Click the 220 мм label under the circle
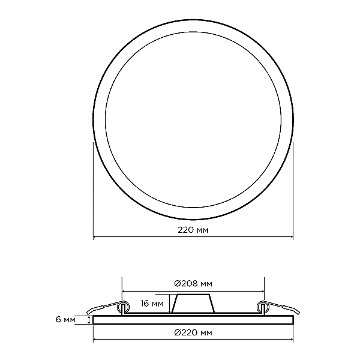point(193,230)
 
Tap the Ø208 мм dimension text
point(193,284)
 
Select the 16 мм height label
point(152,304)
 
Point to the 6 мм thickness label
point(65,320)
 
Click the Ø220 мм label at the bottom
point(193,332)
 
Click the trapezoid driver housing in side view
point(193,303)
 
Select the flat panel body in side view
point(193,320)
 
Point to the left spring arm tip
point(89,312)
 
